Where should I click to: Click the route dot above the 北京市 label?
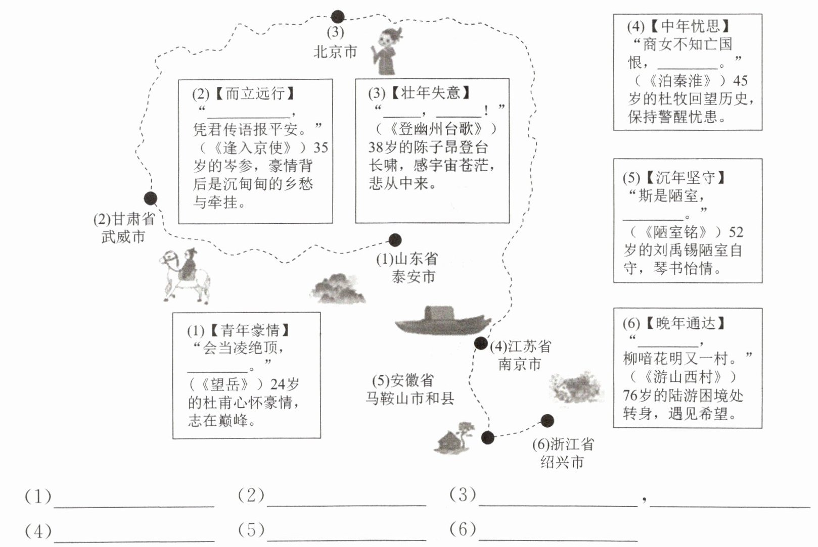pyautogui.click(x=337, y=17)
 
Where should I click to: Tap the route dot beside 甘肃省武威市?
pyautogui.click(x=151, y=198)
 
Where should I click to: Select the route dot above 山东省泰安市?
pyautogui.click(x=395, y=240)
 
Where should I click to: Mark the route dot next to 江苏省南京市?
pyautogui.click(x=481, y=343)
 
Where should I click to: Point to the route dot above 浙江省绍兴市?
pyautogui.click(x=547, y=421)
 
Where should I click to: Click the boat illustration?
pyautogui.click(x=442, y=321)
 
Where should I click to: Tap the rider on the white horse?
pyautogui.click(x=185, y=276)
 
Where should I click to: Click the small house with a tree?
pyautogui.click(x=455, y=438)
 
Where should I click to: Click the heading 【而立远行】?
pyautogui.click(x=255, y=94)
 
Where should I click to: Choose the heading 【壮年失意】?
pyautogui.click(x=430, y=93)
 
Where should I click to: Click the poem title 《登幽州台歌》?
pyautogui.click(x=437, y=129)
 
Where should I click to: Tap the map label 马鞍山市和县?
pyautogui.click(x=410, y=398)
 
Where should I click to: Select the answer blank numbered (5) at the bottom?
pyautogui.click(x=346, y=540)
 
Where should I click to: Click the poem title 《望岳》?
pyautogui.click(x=225, y=384)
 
